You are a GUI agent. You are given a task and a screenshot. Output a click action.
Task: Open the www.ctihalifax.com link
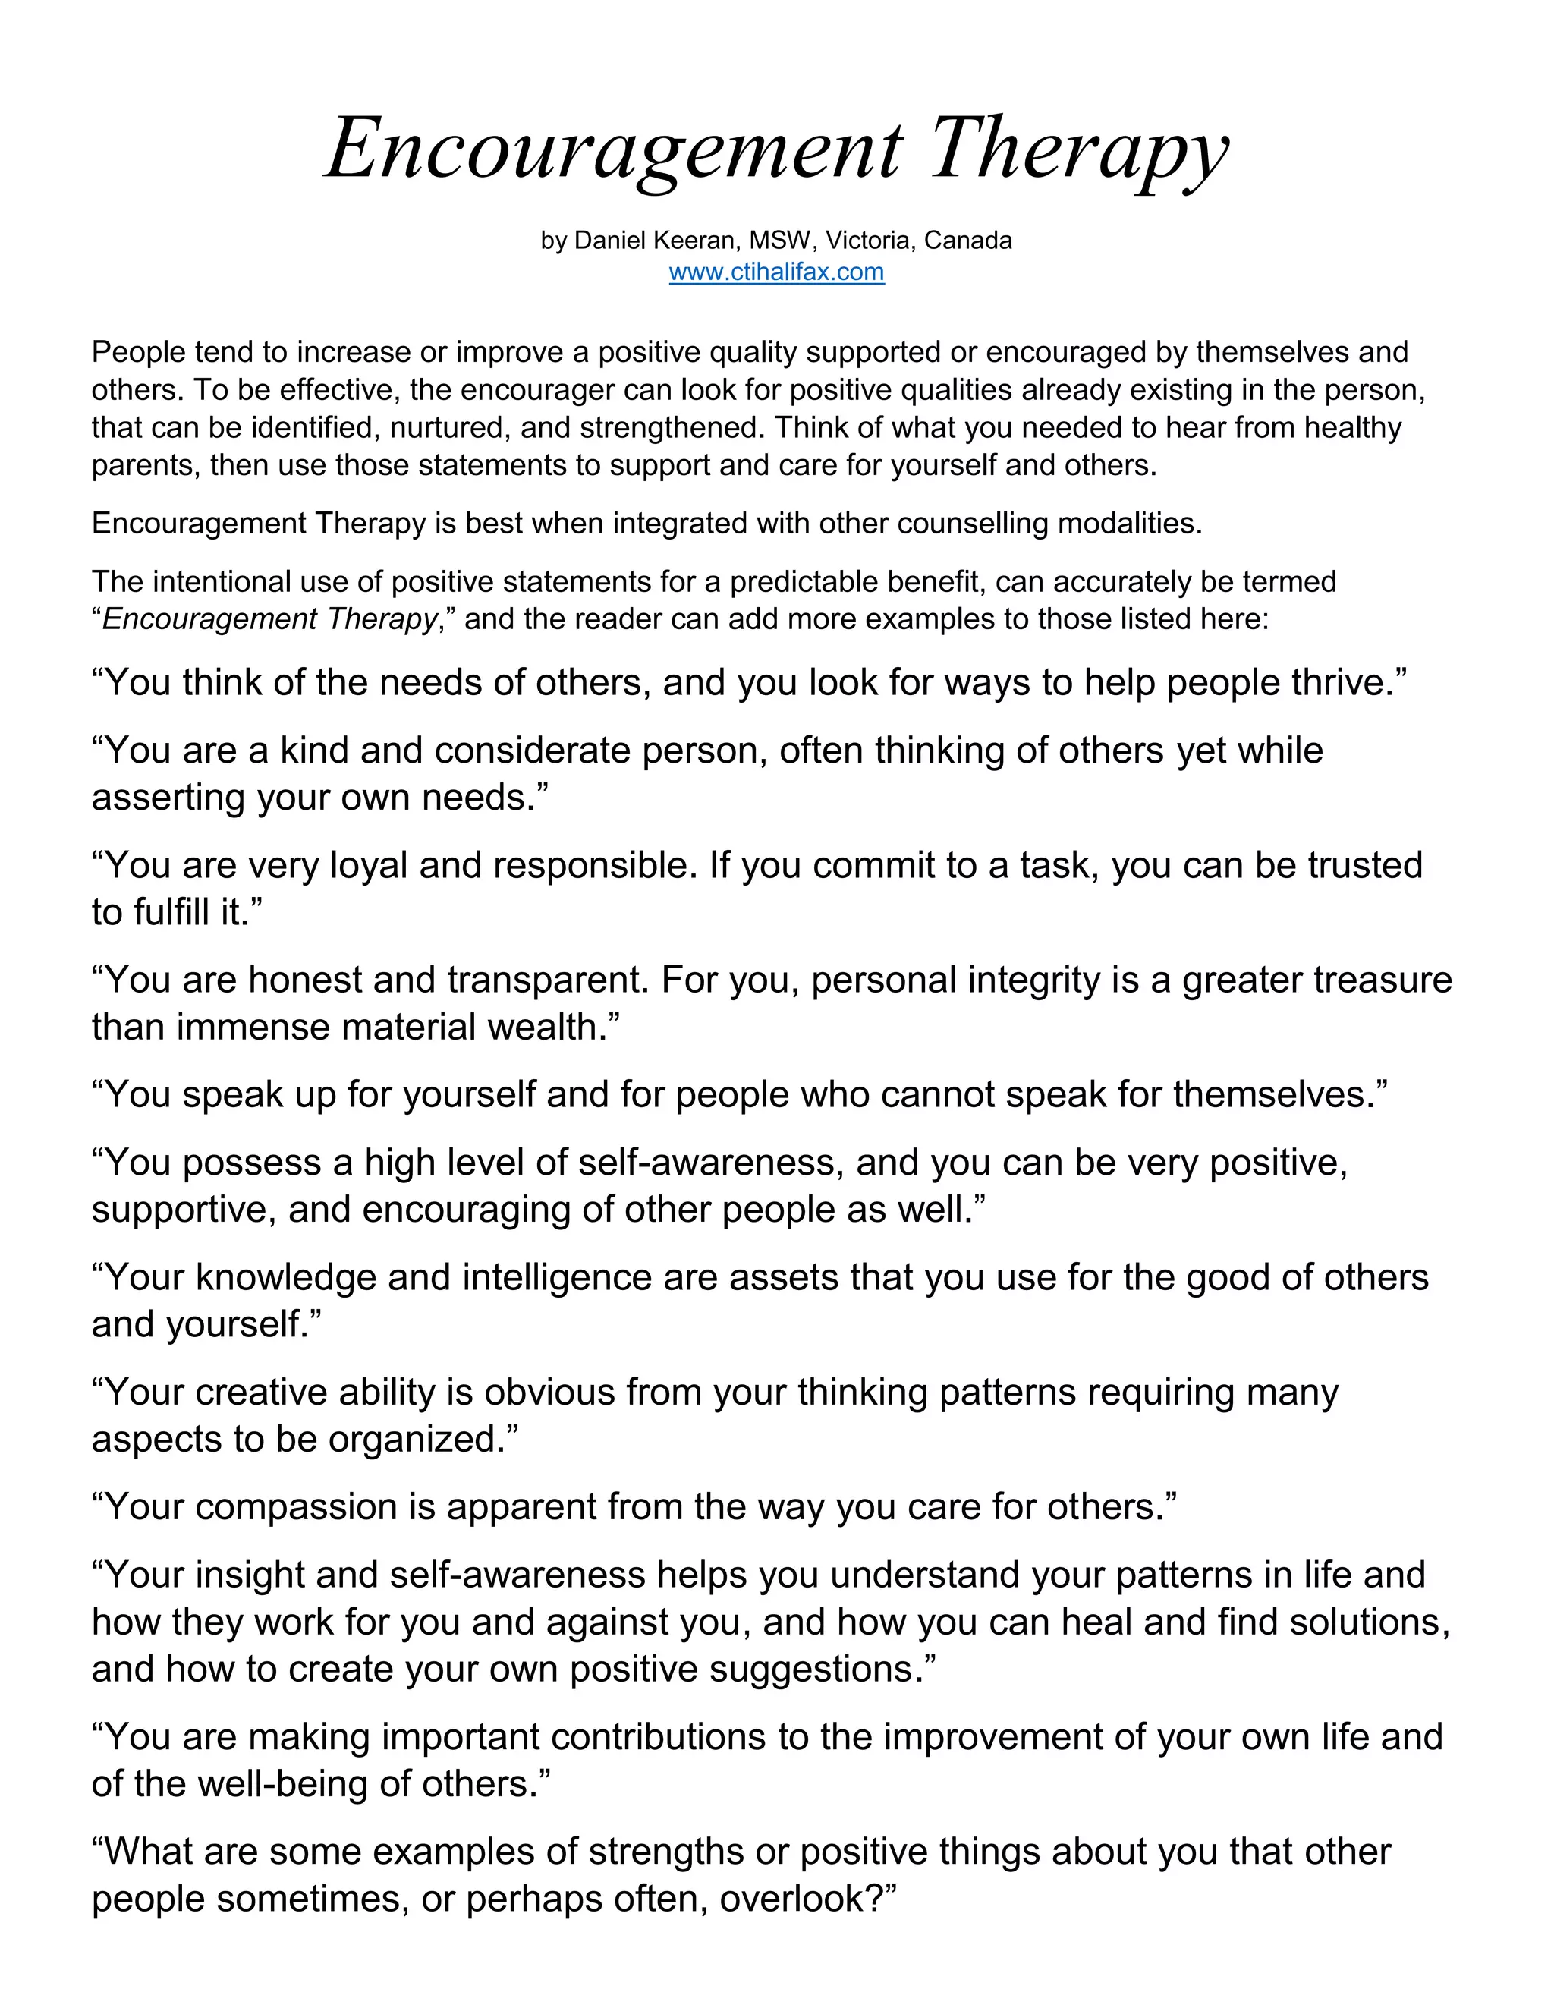[776, 272]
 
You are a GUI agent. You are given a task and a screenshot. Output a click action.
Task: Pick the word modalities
[1128, 524]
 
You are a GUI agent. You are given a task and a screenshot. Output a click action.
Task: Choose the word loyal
[355, 866]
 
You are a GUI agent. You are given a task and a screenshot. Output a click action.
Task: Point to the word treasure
[1382, 980]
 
